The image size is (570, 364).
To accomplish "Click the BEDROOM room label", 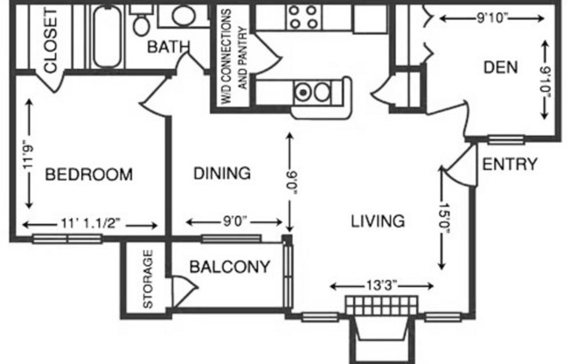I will tap(89, 174).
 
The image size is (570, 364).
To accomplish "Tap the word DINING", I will tap(222, 173).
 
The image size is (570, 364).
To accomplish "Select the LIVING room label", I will tap(378, 220).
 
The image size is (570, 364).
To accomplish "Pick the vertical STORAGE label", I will tap(148, 280).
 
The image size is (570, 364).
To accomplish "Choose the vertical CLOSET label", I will tap(50, 41).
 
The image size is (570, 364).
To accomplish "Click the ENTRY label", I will tap(510, 164).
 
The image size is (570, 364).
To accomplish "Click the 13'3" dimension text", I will tap(381, 284).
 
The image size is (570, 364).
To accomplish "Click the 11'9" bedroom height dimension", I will tap(30, 150).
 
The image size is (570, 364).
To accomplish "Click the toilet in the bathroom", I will tap(141, 24).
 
